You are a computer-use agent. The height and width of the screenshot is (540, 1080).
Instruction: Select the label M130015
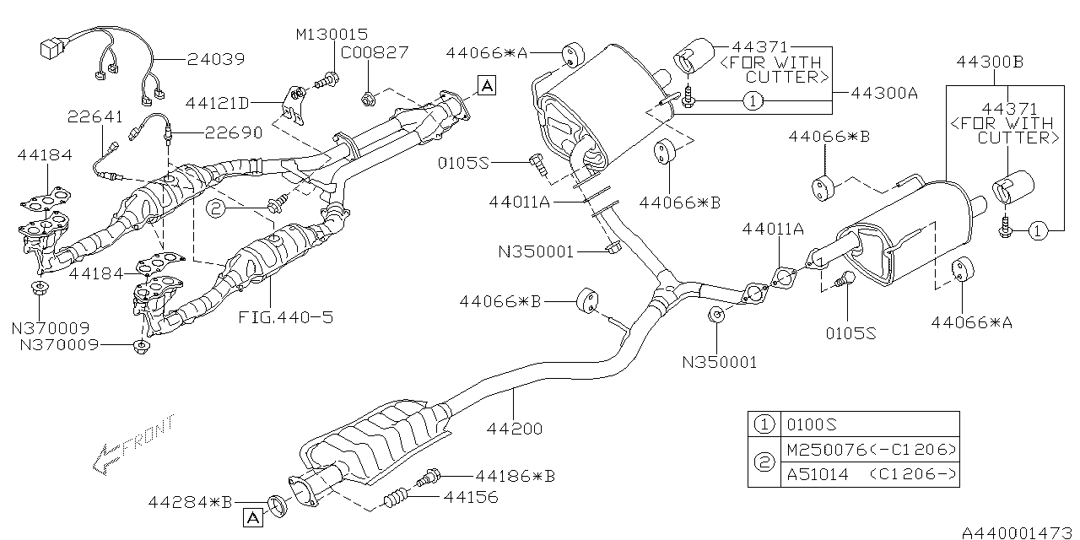tap(332, 35)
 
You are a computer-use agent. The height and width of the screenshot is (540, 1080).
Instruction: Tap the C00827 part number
tap(374, 52)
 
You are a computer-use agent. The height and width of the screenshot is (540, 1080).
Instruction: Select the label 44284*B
tap(190, 503)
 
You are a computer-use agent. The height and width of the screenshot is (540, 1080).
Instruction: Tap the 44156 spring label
tap(474, 497)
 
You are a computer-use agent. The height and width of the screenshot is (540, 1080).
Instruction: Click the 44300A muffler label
tap(883, 94)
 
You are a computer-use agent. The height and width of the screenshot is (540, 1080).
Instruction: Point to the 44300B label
tap(990, 62)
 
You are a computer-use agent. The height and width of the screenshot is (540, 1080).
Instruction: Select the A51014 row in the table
tap(869, 475)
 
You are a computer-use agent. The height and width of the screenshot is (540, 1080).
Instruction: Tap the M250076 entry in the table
tap(869, 449)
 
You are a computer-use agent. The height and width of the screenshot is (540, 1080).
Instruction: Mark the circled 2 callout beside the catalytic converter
tap(217, 208)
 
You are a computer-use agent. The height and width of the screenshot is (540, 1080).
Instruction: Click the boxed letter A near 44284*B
tap(251, 516)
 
